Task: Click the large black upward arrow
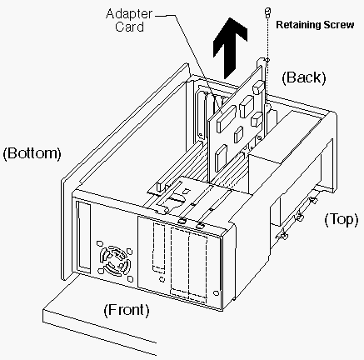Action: [230, 47]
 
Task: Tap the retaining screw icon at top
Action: [267, 12]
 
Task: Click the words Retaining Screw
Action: [315, 25]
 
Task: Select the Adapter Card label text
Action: [129, 20]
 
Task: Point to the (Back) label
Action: [304, 77]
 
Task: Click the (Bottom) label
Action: [32, 153]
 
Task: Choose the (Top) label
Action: [342, 220]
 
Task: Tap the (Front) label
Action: [127, 310]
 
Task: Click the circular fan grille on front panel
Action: [115, 261]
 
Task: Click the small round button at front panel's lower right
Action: [216, 293]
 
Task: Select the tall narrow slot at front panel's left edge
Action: [83, 238]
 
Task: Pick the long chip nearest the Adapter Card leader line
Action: [227, 119]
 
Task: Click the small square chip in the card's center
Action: [238, 134]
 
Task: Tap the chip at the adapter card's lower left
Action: [221, 158]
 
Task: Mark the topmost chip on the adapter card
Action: [258, 87]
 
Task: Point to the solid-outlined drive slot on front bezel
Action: [158, 248]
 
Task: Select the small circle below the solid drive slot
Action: [161, 279]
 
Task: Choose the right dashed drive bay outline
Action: [197, 267]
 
